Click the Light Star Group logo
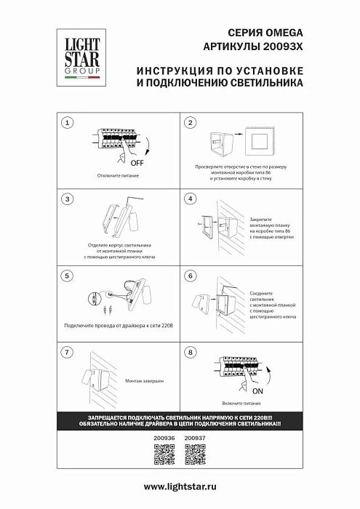point(74,55)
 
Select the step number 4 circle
point(190,199)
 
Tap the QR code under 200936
point(165,455)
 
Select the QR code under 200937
point(195,455)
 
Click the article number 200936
point(165,438)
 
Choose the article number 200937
point(195,438)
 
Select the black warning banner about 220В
point(180,420)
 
